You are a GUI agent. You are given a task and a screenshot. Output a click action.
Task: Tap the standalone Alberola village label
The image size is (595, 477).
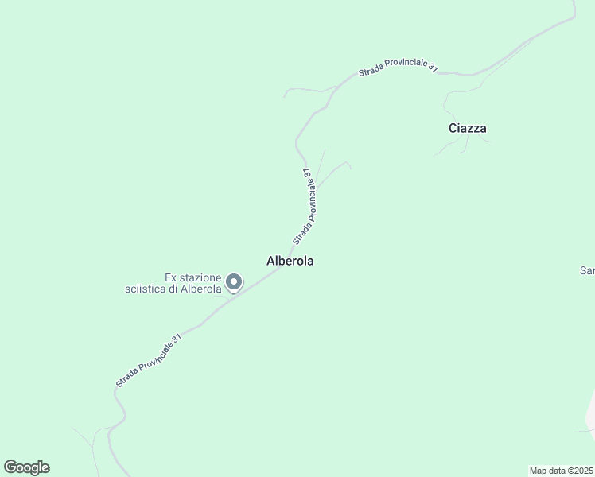(x=290, y=261)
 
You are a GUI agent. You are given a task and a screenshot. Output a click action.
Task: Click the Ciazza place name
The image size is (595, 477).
(x=467, y=128)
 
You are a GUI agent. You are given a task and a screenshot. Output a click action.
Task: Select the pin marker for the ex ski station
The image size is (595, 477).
(x=234, y=282)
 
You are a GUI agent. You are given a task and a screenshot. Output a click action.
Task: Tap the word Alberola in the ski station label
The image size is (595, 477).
(x=200, y=289)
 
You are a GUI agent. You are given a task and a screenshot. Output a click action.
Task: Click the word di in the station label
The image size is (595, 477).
(x=173, y=289)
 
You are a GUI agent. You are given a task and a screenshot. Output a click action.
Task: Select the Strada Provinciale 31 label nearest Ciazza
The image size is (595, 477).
(x=398, y=70)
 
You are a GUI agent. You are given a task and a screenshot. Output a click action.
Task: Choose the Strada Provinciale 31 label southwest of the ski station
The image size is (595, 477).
(x=149, y=360)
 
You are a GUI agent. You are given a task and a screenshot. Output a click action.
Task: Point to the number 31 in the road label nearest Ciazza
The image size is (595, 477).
(x=432, y=68)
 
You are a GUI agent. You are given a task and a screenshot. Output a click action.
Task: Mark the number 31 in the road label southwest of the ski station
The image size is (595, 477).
(x=177, y=339)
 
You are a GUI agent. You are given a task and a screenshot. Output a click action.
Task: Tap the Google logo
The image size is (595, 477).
(x=26, y=467)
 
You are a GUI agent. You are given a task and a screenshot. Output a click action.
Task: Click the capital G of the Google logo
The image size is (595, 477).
(x=10, y=467)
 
